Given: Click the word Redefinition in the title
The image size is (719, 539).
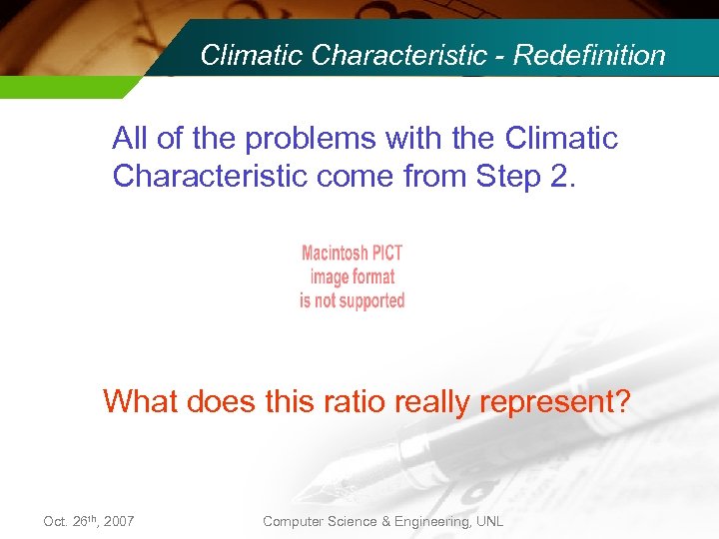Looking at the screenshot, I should [589, 55].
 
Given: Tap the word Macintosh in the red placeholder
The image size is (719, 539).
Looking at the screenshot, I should [333, 254].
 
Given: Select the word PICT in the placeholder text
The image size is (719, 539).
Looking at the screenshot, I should [384, 254].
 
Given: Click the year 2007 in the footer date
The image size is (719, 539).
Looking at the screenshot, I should [118, 521].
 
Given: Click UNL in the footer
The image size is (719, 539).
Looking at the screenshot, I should [489, 521].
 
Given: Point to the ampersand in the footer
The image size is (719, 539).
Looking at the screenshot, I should [387, 521].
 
